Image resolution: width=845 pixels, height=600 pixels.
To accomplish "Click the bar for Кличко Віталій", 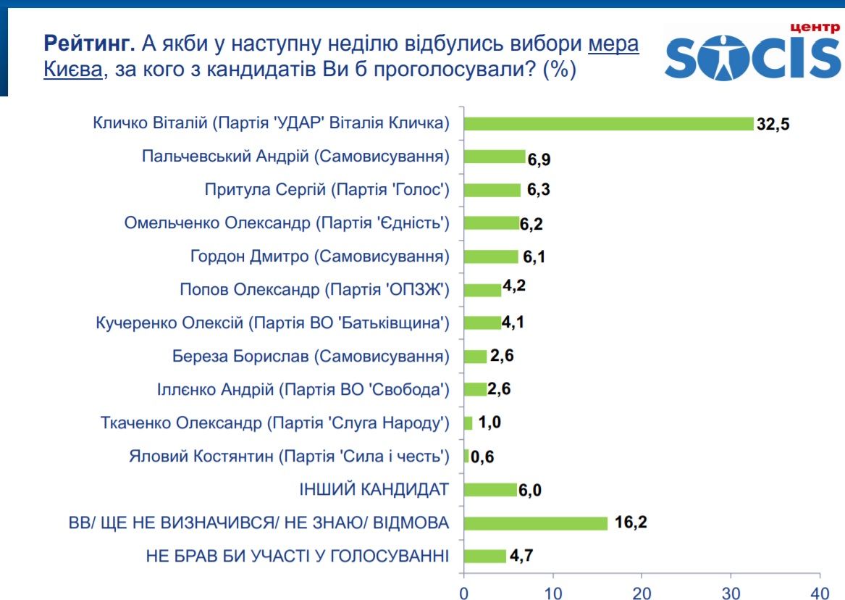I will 608,123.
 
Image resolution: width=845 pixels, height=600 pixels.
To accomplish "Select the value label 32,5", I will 773,123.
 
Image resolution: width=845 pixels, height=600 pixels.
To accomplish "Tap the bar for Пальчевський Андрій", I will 495,157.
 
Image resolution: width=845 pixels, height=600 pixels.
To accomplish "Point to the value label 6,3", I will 538,190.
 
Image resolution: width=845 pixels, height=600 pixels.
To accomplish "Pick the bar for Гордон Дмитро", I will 491,257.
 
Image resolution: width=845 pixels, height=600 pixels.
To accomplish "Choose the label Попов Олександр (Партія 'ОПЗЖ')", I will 315,290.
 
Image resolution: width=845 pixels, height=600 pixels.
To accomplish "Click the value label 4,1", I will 512,322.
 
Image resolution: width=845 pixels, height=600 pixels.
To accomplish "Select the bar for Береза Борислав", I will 475,357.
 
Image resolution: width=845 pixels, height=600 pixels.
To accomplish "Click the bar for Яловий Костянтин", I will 466,457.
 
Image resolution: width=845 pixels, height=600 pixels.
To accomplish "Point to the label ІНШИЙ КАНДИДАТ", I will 374,490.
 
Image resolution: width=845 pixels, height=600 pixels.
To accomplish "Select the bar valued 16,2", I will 535,523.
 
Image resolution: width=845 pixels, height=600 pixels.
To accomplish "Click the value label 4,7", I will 521,557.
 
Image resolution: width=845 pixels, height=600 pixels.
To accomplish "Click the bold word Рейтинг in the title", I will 89,43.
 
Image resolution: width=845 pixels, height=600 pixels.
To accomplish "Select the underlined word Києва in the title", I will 72,71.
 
